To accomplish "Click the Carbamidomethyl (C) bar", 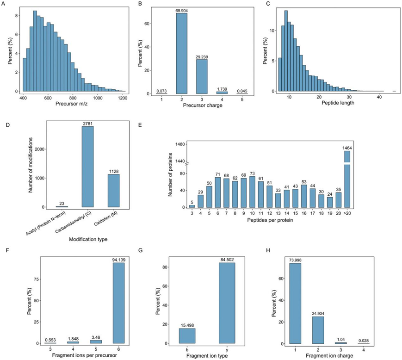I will click(87, 167).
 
